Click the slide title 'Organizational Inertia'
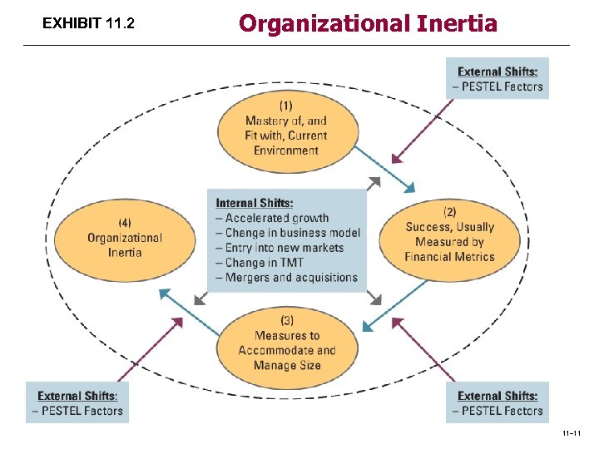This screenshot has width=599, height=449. tap(368, 22)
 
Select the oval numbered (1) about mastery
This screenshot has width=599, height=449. tap(287, 128)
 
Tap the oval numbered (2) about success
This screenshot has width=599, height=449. tap(449, 234)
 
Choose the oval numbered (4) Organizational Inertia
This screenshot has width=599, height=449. tap(125, 237)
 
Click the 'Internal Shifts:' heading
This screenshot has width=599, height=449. tap(255, 203)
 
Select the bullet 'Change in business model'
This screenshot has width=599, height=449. tap(292, 233)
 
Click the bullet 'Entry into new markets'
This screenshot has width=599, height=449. tap(284, 248)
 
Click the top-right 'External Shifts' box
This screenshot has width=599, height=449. tap(498, 78)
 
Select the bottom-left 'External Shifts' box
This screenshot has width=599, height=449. tap(77, 402)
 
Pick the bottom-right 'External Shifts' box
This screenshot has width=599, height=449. tap(498, 402)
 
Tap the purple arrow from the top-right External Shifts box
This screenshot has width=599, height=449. tap(423, 129)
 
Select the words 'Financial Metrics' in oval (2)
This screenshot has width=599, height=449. tap(449, 257)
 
